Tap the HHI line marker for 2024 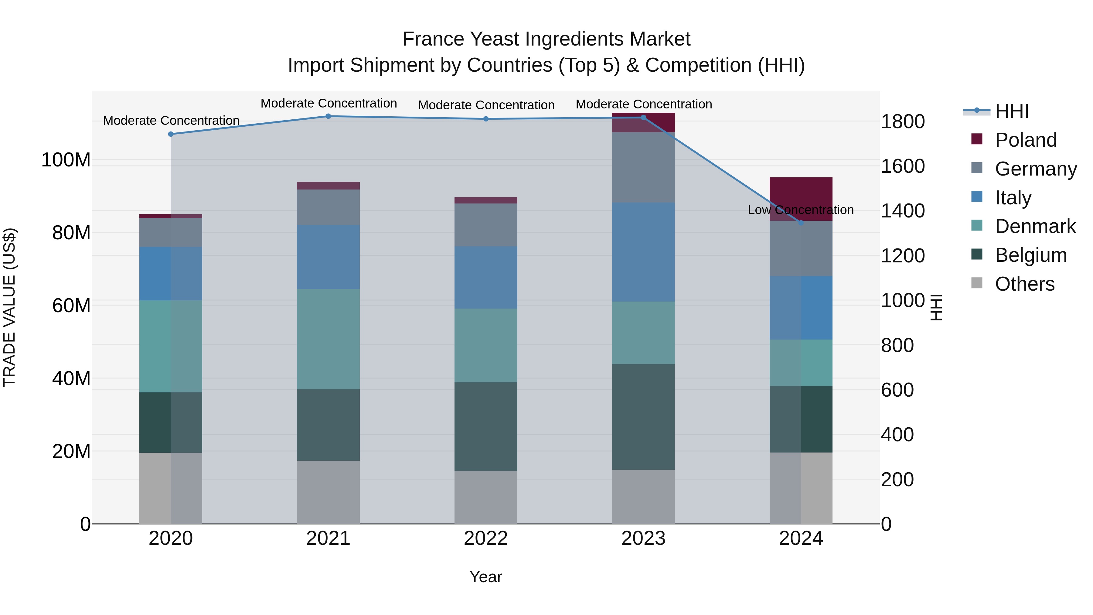click(x=801, y=223)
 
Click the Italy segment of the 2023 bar click(x=643, y=252)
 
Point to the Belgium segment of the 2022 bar click(x=486, y=427)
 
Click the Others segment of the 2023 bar click(x=643, y=497)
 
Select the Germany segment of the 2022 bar click(x=486, y=225)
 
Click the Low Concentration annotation click(x=800, y=210)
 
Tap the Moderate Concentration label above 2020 click(x=171, y=121)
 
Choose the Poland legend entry click(x=1026, y=140)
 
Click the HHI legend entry click(x=1012, y=111)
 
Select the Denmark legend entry click(x=1035, y=226)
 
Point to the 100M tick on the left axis click(x=66, y=160)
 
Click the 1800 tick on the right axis click(x=903, y=121)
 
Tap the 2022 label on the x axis click(x=486, y=538)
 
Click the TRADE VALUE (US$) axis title click(x=9, y=307)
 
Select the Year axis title click(x=486, y=577)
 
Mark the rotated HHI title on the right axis click(x=936, y=307)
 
